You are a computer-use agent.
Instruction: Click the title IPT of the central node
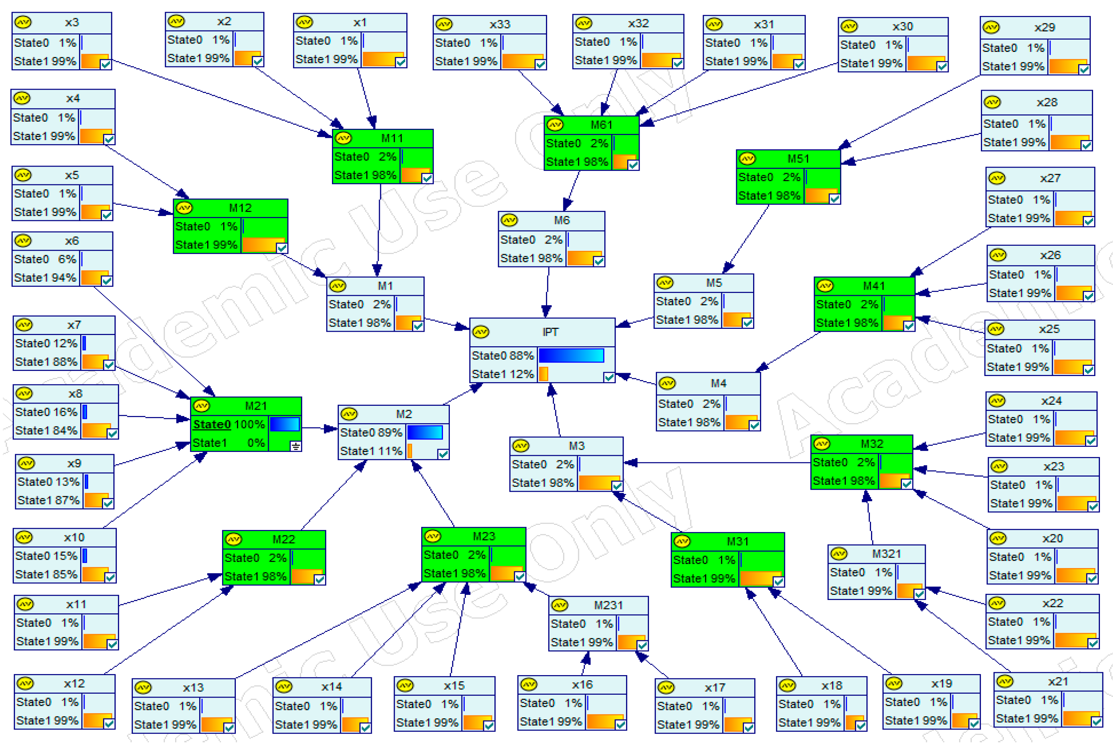point(550,332)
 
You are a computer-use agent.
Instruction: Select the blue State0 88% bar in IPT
point(571,355)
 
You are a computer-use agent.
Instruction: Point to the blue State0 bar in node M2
point(424,433)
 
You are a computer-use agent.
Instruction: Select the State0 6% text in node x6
point(45,259)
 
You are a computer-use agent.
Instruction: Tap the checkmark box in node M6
point(599,261)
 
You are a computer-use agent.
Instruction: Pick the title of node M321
point(886,554)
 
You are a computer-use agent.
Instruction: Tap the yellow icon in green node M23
point(433,536)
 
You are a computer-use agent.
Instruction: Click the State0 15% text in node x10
point(46,556)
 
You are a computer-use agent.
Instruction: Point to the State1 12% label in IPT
point(502,374)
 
